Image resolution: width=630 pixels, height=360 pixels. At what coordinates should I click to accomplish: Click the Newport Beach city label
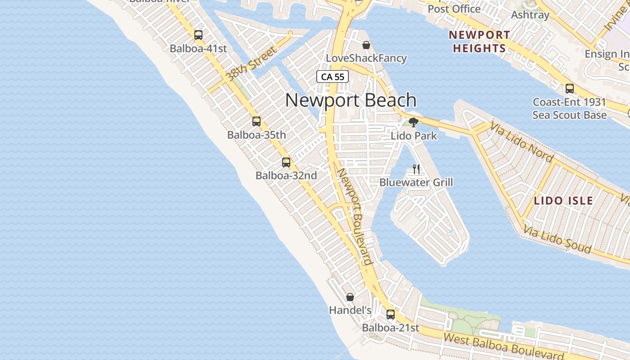pos(351,100)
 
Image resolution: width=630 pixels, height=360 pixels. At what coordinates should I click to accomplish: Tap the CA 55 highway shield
pos(333,76)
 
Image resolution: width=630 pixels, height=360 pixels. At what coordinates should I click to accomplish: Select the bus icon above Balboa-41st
pos(198,35)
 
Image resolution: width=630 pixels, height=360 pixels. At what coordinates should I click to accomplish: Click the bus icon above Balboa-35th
pos(256,121)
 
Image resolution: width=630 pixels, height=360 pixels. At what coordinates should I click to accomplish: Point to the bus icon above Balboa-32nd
pos(286,162)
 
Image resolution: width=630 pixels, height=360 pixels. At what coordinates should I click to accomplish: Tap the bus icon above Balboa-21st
pos(391,314)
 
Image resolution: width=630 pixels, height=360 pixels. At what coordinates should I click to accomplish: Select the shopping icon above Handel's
pos(350,297)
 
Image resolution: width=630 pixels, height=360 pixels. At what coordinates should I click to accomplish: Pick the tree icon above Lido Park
pos(414,122)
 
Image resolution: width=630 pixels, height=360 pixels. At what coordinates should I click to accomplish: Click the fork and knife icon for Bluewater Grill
pos(416,169)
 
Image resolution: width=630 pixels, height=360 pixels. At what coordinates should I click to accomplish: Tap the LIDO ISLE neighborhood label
pos(563,201)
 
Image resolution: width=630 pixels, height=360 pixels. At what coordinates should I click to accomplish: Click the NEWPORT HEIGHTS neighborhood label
pos(479,41)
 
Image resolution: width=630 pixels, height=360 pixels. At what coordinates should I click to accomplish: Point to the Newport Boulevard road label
pos(355,216)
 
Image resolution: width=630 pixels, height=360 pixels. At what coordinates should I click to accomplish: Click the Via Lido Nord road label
pos(522,141)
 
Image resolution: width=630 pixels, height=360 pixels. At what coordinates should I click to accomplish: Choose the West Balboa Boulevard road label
pos(503,346)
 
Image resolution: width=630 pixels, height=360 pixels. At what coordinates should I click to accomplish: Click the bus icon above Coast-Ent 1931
pos(569,88)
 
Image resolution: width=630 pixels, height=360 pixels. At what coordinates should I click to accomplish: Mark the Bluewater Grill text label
pos(416,182)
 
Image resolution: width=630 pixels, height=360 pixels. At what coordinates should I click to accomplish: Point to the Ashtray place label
pos(530,15)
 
